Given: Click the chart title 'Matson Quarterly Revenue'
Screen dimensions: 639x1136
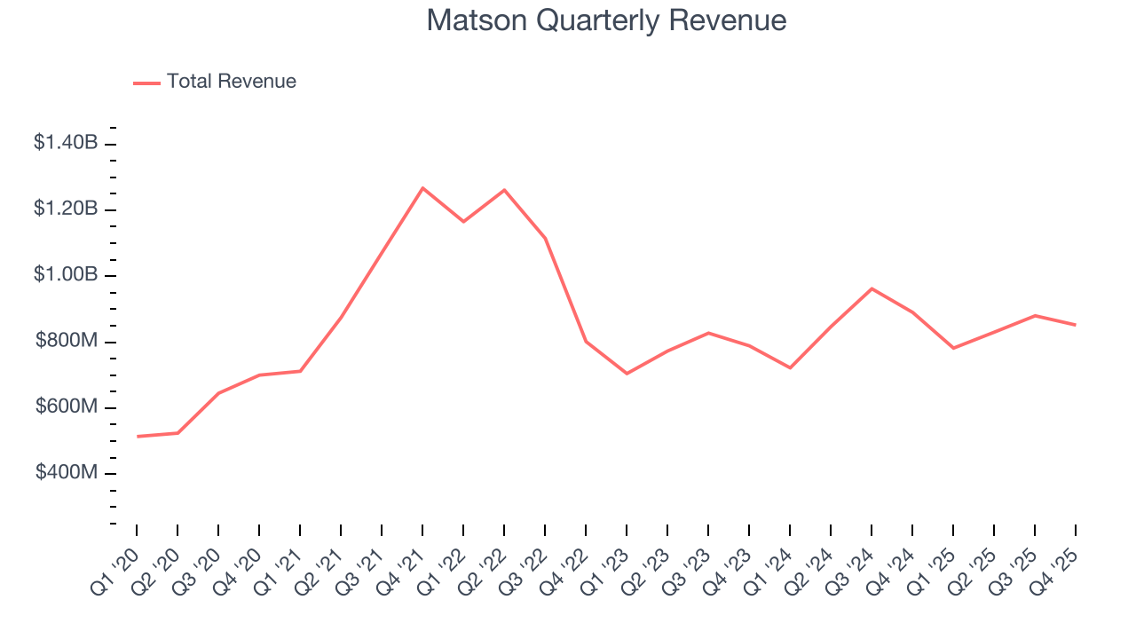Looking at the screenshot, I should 606,20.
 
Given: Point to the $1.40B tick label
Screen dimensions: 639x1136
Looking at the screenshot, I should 66,142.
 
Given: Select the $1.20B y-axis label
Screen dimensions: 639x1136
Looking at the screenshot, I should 66,209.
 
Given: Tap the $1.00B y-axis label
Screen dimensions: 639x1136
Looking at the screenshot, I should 66,275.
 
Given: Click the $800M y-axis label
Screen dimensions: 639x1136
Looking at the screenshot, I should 67,341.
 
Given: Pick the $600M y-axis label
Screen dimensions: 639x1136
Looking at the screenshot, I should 67,407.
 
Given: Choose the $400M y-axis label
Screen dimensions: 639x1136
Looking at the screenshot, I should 67,473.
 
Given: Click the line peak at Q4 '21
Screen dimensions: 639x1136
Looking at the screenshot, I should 422,188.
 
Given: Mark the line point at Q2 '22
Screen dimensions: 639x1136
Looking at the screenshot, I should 504,190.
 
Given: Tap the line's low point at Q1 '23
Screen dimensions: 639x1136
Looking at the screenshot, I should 627,374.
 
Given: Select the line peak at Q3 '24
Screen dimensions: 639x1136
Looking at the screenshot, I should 872,288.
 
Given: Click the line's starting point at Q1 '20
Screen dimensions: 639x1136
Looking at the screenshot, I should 138,437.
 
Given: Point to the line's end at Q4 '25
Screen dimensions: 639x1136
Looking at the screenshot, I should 1076,325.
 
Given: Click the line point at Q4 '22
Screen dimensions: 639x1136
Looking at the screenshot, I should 586,341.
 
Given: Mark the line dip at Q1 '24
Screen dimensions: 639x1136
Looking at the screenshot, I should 790,367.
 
